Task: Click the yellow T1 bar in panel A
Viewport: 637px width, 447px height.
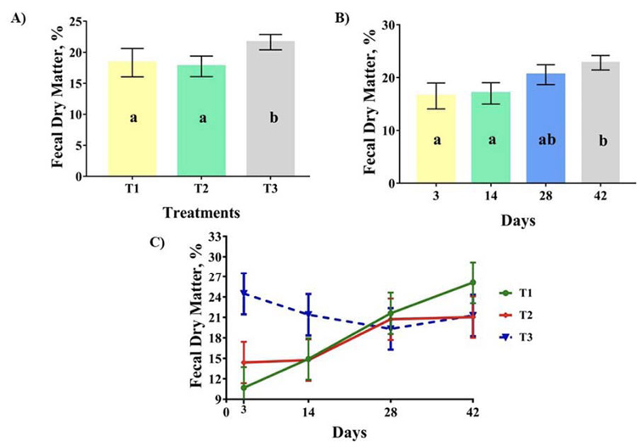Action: click(x=132, y=119)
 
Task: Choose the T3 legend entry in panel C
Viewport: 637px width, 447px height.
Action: click(x=521, y=337)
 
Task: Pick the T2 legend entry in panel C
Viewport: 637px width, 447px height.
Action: click(x=521, y=315)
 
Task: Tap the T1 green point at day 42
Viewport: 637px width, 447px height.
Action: click(x=472, y=282)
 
